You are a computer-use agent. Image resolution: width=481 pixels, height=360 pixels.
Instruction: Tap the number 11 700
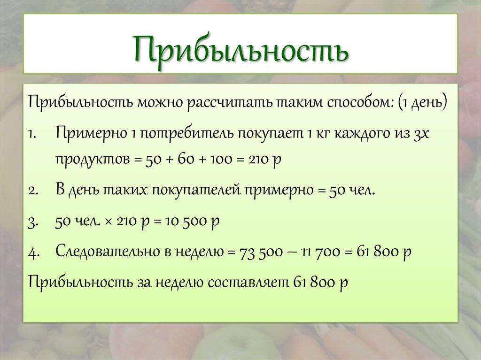320,252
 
